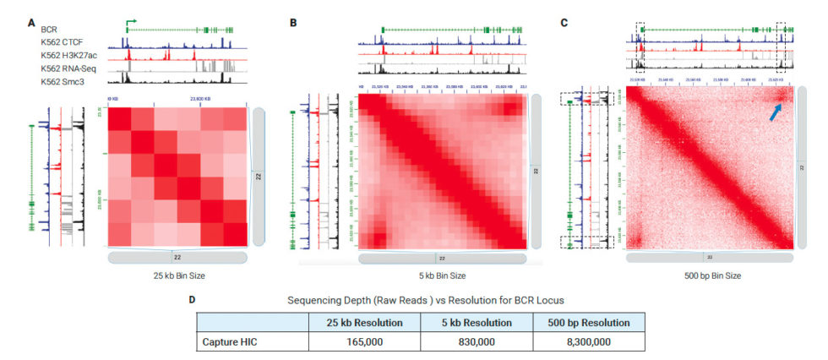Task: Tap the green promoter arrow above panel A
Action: click(x=130, y=23)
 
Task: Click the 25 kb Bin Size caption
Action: click(x=177, y=274)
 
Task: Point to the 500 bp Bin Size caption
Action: click(x=709, y=274)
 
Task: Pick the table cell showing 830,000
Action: click(x=476, y=343)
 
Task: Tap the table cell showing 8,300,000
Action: click(x=589, y=343)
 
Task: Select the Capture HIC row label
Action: click(x=240, y=343)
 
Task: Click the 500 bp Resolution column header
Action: click(x=589, y=323)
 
